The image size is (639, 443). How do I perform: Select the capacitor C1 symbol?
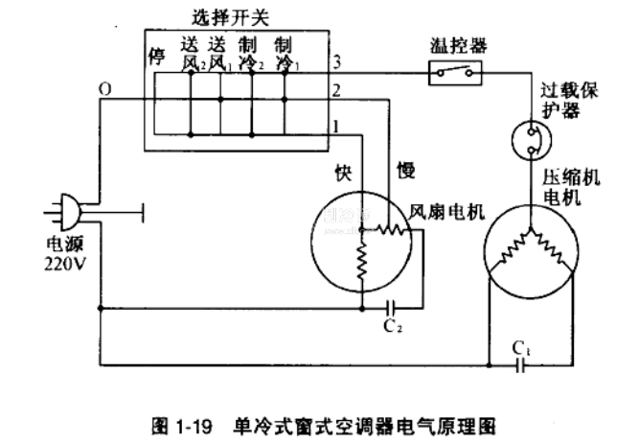pos(521,364)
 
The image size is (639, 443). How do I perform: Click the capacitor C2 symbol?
pos(392,309)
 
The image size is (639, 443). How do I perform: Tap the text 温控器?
pos(454,44)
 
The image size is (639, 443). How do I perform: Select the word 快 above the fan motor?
pos(341,173)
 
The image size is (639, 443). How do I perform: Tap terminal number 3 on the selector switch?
pos(335,63)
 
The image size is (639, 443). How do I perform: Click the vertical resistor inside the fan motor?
pos(362,263)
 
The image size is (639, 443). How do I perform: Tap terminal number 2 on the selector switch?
pos(335,93)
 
